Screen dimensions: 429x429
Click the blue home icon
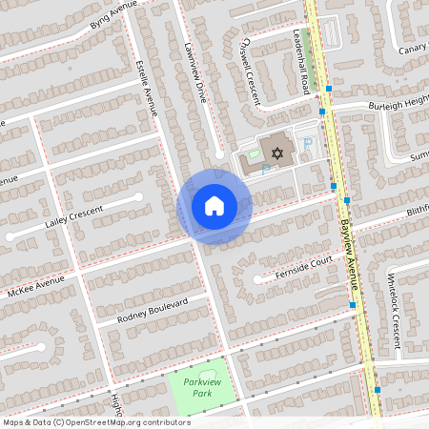click(x=214, y=206)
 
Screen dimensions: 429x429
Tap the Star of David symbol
click(x=278, y=153)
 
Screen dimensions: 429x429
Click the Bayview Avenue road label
click(x=350, y=254)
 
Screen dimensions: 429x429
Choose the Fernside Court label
click(x=303, y=264)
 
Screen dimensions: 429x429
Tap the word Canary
click(x=412, y=50)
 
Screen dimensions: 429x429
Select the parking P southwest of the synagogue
click(x=266, y=169)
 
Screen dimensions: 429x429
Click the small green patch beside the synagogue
click(x=254, y=153)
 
